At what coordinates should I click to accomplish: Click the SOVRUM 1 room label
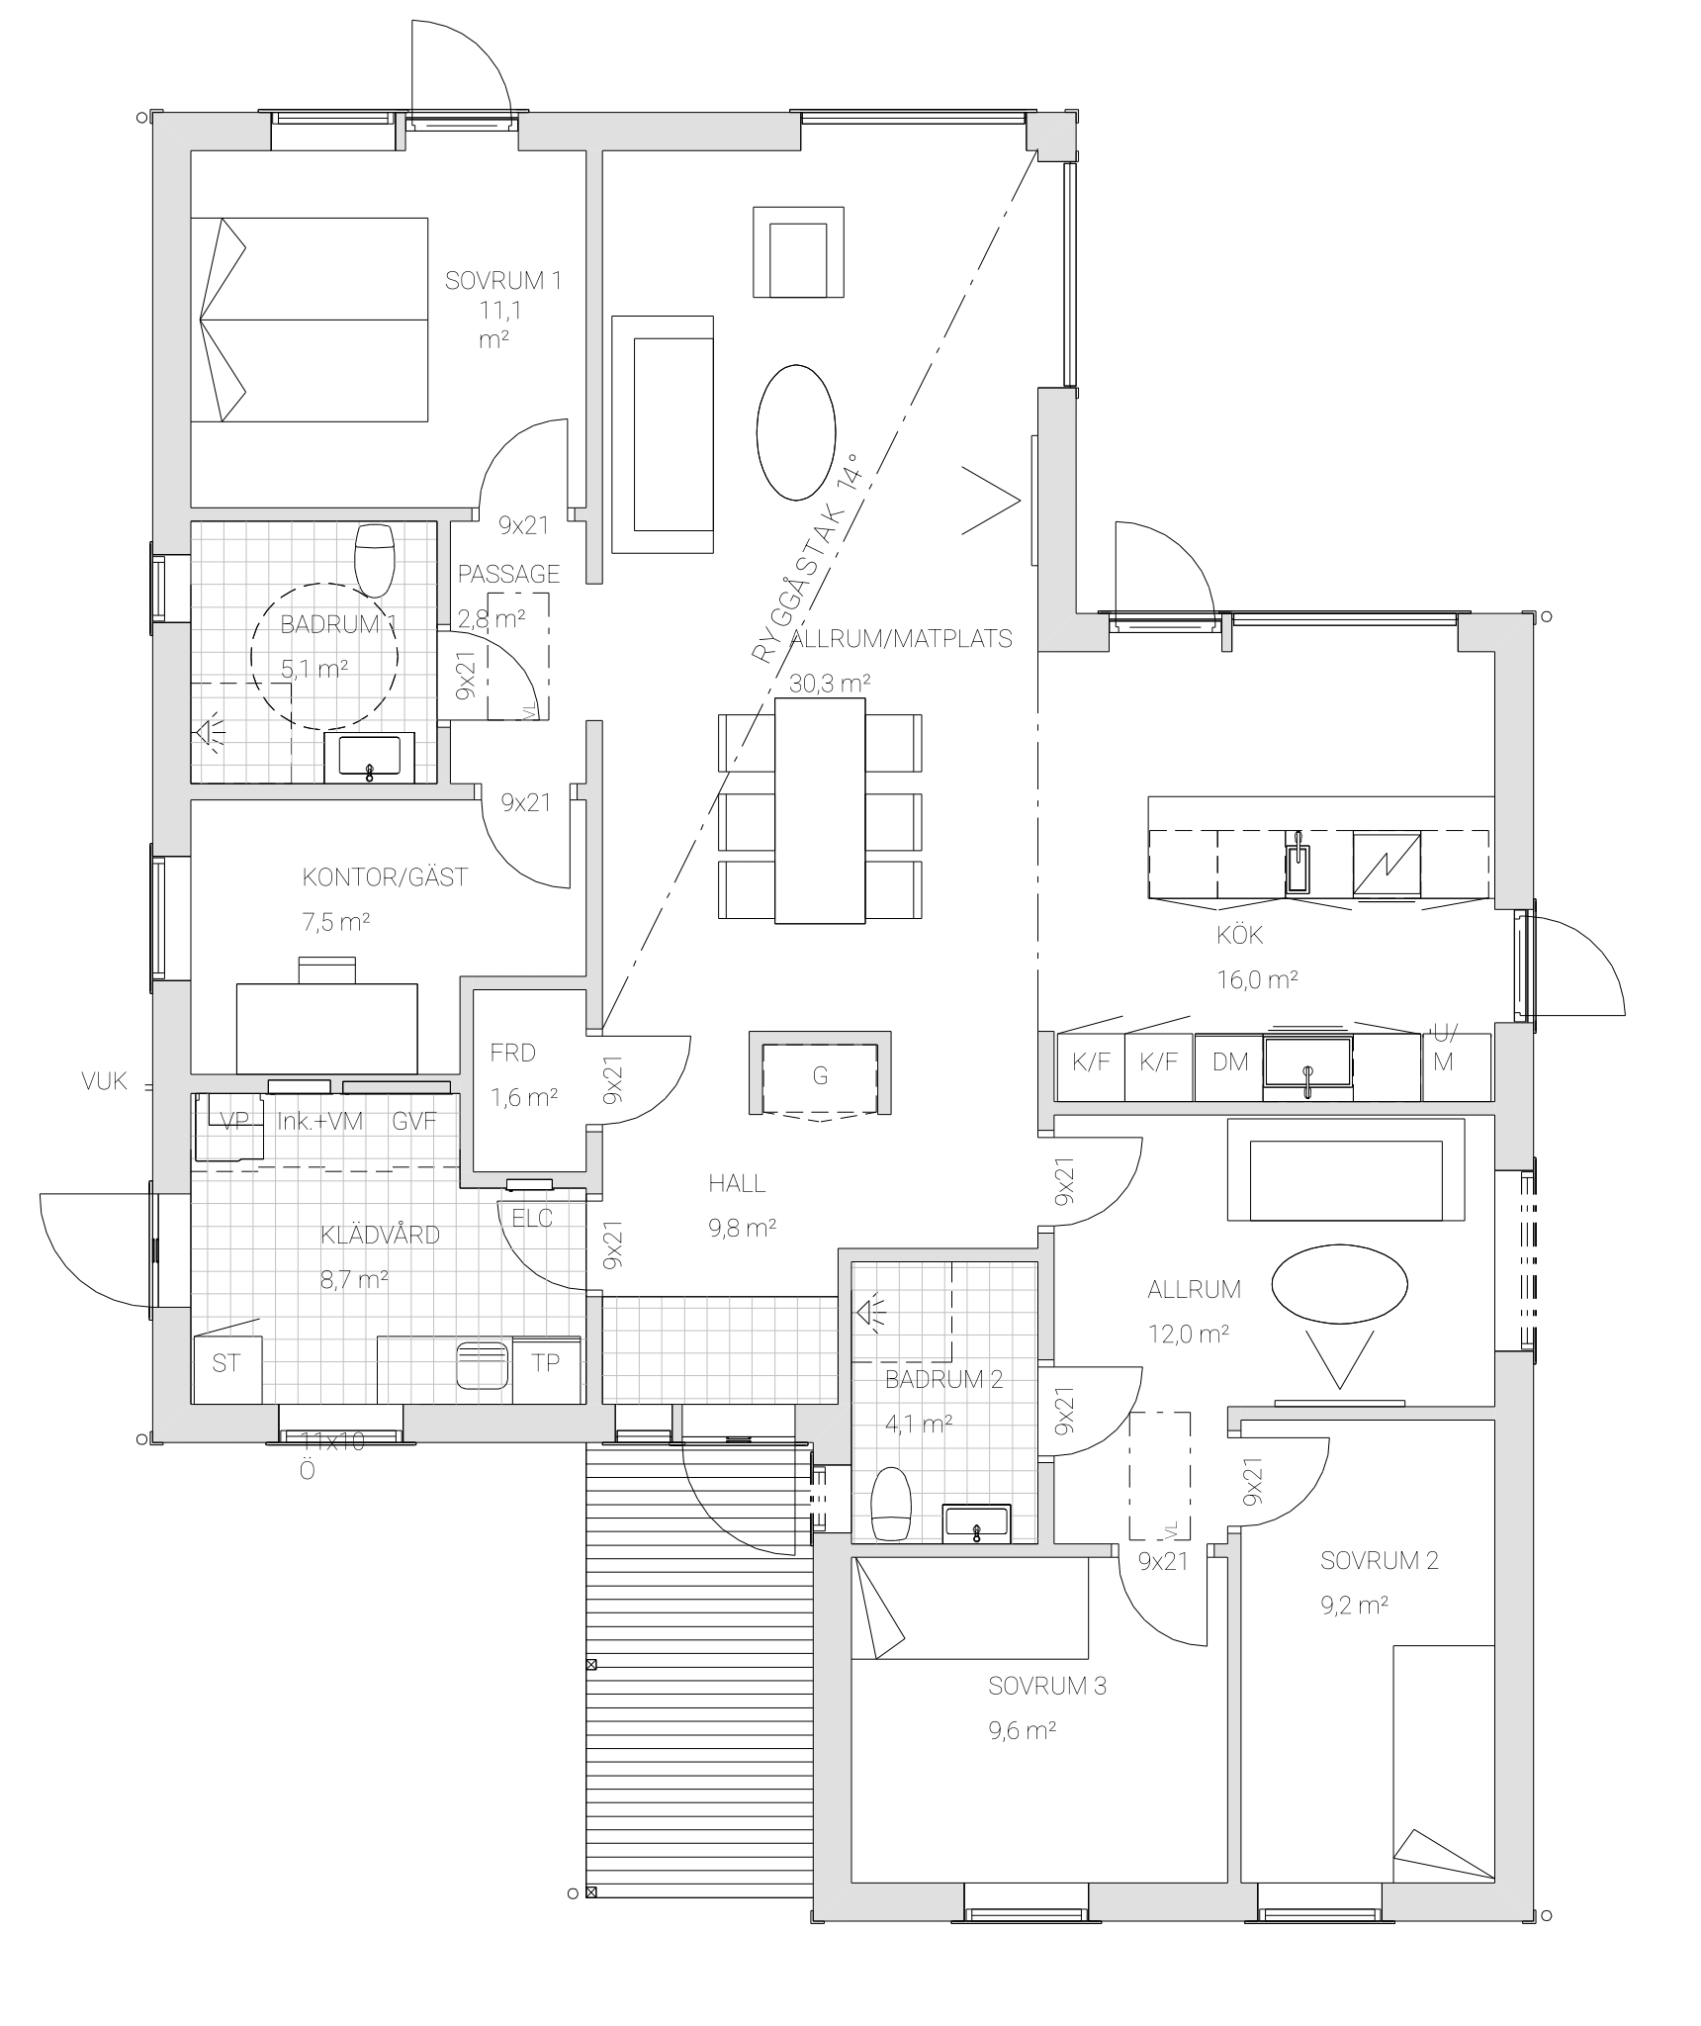tap(503, 280)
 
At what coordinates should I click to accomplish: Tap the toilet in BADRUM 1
tap(375, 559)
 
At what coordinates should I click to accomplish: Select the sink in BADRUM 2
tap(976, 1523)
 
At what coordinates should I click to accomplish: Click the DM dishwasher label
tap(1230, 1062)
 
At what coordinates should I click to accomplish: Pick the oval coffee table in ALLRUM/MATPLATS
tap(795, 431)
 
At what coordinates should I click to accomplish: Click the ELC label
tap(532, 1219)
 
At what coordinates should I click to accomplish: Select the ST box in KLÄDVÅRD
tap(226, 1369)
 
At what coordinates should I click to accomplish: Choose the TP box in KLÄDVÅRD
tap(546, 1369)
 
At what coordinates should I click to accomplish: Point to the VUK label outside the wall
tap(105, 1082)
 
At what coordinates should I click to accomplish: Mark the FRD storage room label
tap(512, 1053)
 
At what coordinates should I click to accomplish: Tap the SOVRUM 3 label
tap(1047, 1686)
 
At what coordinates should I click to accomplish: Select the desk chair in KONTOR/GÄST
tap(326, 968)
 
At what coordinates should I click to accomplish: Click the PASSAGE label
tap(508, 574)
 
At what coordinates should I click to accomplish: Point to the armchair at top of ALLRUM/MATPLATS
tap(798, 251)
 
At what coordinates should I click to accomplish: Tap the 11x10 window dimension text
tap(332, 1442)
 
